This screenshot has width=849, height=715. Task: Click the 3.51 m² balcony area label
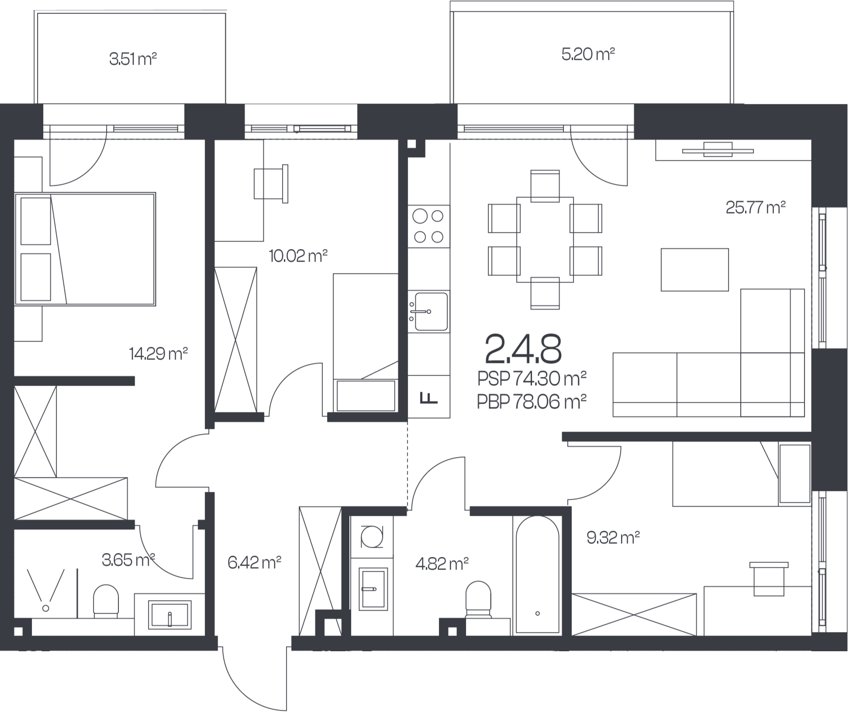(133, 59)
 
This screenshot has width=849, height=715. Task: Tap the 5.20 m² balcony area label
(588, 55)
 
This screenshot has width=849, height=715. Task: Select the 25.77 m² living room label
(756, 207)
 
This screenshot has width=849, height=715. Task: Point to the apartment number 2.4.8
(523, 349)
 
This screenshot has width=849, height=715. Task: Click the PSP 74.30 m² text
(531, 379)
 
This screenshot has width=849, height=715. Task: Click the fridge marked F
(429, 397)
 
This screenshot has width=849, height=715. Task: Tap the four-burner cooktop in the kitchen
(429, 226)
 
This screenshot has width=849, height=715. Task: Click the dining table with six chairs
(545, 240)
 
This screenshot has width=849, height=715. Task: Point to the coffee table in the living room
(694, 270)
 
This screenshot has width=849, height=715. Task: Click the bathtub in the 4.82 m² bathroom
(537, 575)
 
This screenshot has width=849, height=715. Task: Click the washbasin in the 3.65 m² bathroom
(169, 615)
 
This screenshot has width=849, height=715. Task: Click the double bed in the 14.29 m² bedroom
(85, 249)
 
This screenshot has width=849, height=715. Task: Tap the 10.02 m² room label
(298, 256)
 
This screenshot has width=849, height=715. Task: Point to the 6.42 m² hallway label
(254, 562)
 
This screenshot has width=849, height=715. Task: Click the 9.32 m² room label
(613, 537)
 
